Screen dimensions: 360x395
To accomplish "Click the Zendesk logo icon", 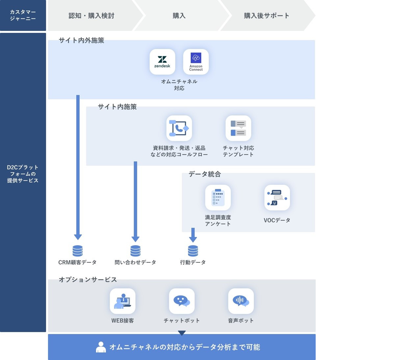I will pyautogui.click(x=162, y=62).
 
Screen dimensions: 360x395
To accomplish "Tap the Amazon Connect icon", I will pyautogui.click(x=196, y=62).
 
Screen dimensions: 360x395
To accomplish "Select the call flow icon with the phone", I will pyautogui.click(x=179, y=128).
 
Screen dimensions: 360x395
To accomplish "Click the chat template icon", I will pyautogui.click(x=238, y=128).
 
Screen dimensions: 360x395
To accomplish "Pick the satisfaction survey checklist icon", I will pyautogui.click(x=218, y=197).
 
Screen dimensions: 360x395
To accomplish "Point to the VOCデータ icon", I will pyautogui.click(x=277, y=197).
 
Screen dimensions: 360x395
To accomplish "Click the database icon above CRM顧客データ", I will pyautogui.click(x=78, y=251).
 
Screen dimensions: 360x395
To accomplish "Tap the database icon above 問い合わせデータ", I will pyautogui.click(x=135, y=251).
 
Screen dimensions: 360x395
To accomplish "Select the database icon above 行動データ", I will pyautogui.click(x=193, y=251).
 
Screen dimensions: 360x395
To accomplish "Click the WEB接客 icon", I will pyautogui.click(x=122, y=301).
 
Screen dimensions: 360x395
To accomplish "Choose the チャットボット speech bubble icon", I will pyautogui.click(x=182, y=301).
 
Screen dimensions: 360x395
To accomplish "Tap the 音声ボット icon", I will pyautogui.click(x=241, y=301).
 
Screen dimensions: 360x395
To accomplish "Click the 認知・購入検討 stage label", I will pyautogui.click(x=92, y=16).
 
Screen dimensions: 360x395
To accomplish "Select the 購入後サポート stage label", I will pyautogui.click(x=267, y=16).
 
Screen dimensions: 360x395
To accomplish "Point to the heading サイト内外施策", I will pyautogui.click(x=81, y=40).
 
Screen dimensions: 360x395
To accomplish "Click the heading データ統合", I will pyautogui.click(x=204, y=174).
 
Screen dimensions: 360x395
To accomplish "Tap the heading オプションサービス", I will pyautogui.click(x=88, y=280).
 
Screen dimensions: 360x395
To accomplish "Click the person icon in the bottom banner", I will pyautogui.click(x=101, y=347).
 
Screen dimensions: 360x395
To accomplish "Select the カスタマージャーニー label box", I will pyautogui.click(x=23, y=15).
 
